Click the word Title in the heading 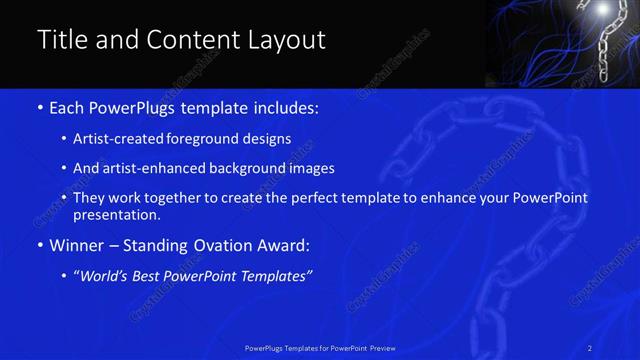pos(62,40)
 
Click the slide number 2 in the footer pos(590,347)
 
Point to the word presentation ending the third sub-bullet pos(117,214)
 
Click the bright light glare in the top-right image pos(603,10)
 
